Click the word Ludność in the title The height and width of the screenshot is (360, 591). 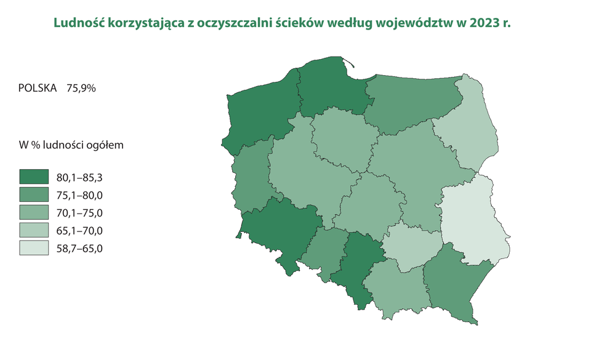78,24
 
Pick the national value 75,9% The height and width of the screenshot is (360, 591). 77,88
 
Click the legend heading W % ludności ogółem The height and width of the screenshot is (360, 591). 72,146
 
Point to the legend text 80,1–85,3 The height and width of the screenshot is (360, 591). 79,178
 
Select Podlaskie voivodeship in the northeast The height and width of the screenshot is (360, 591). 468,129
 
